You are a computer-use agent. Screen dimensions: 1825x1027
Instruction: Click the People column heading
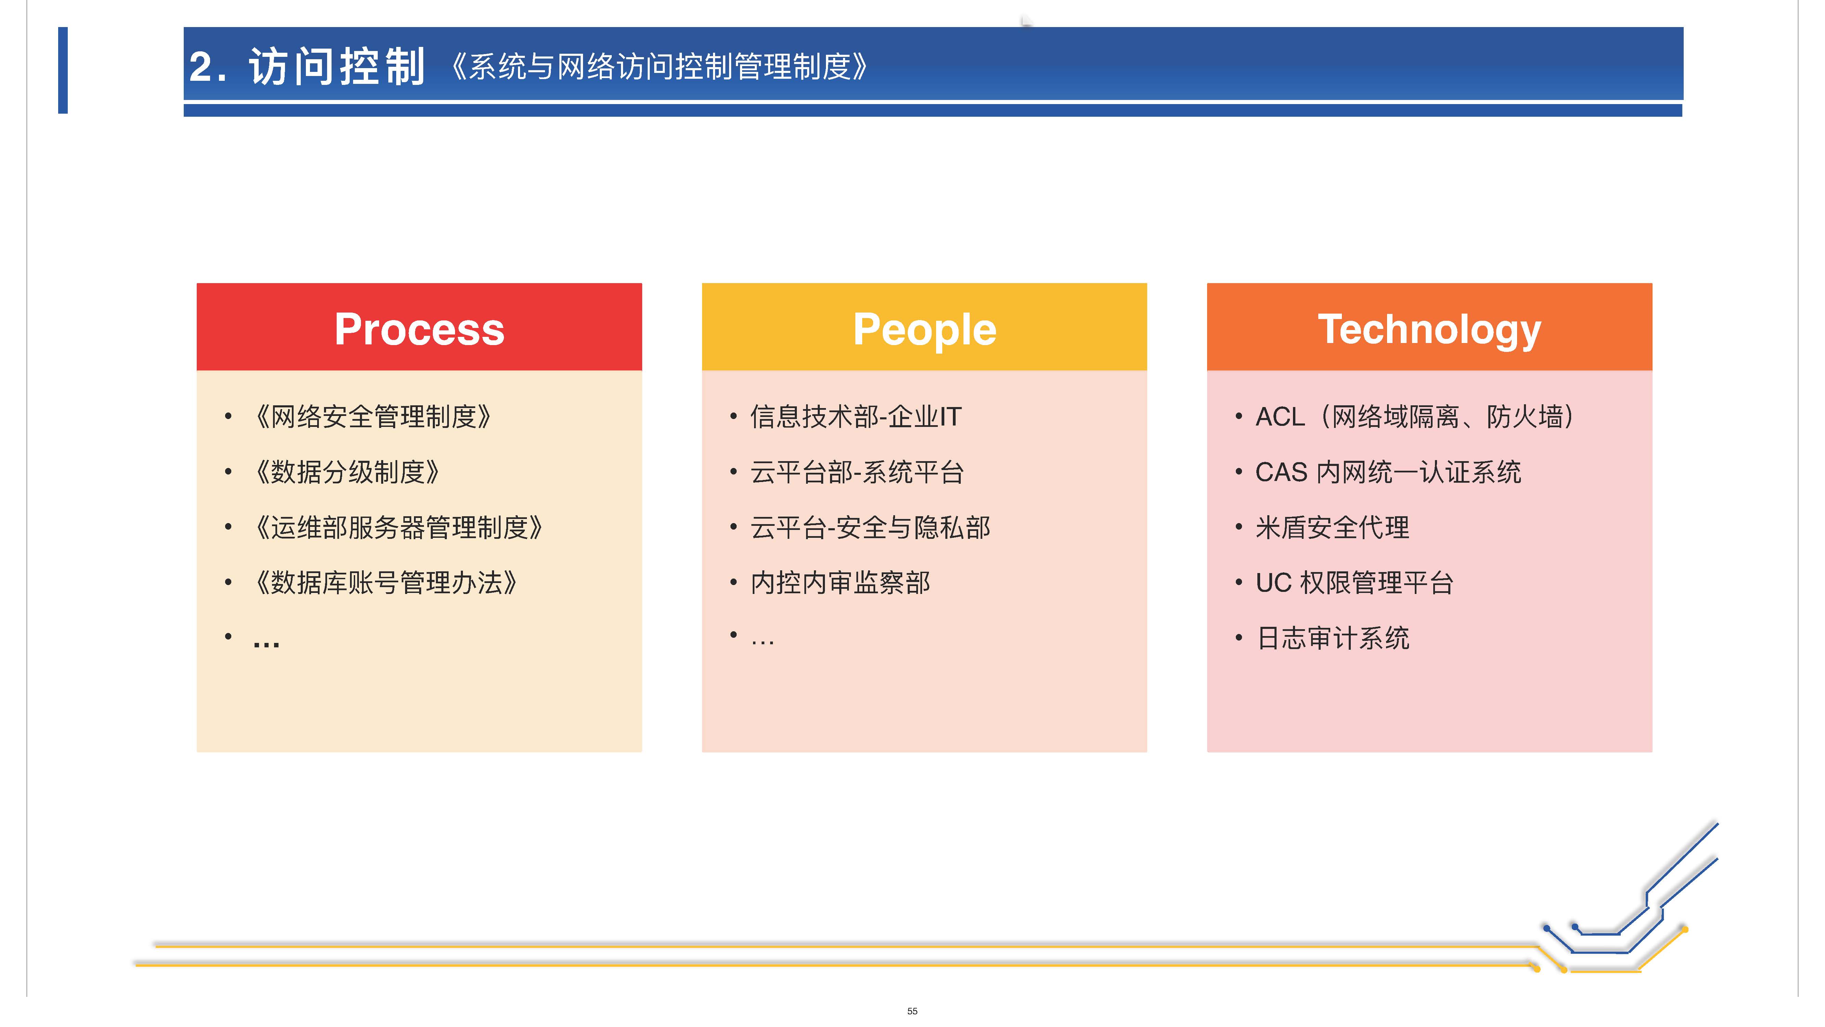point(924,330)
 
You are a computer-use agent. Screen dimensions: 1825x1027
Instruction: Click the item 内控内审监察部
point(840,583)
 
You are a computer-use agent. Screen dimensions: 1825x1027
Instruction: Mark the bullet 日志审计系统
point(1333,638)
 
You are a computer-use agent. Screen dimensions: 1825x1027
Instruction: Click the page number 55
point(912,1011)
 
